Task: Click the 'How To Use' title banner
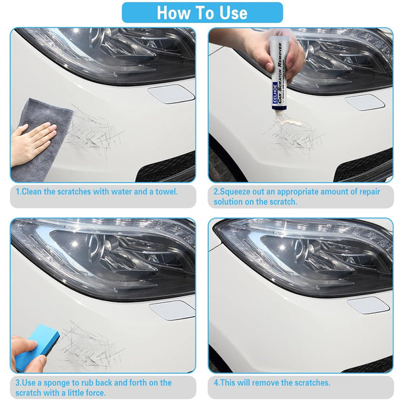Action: click(x=202, y=12)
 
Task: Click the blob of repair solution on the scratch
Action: click(x=290, y=122)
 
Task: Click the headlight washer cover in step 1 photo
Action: click(x=171, y=94)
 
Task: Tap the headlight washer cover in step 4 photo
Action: click(x=369, y=306)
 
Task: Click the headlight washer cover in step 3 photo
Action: click(x=171, y=310)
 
